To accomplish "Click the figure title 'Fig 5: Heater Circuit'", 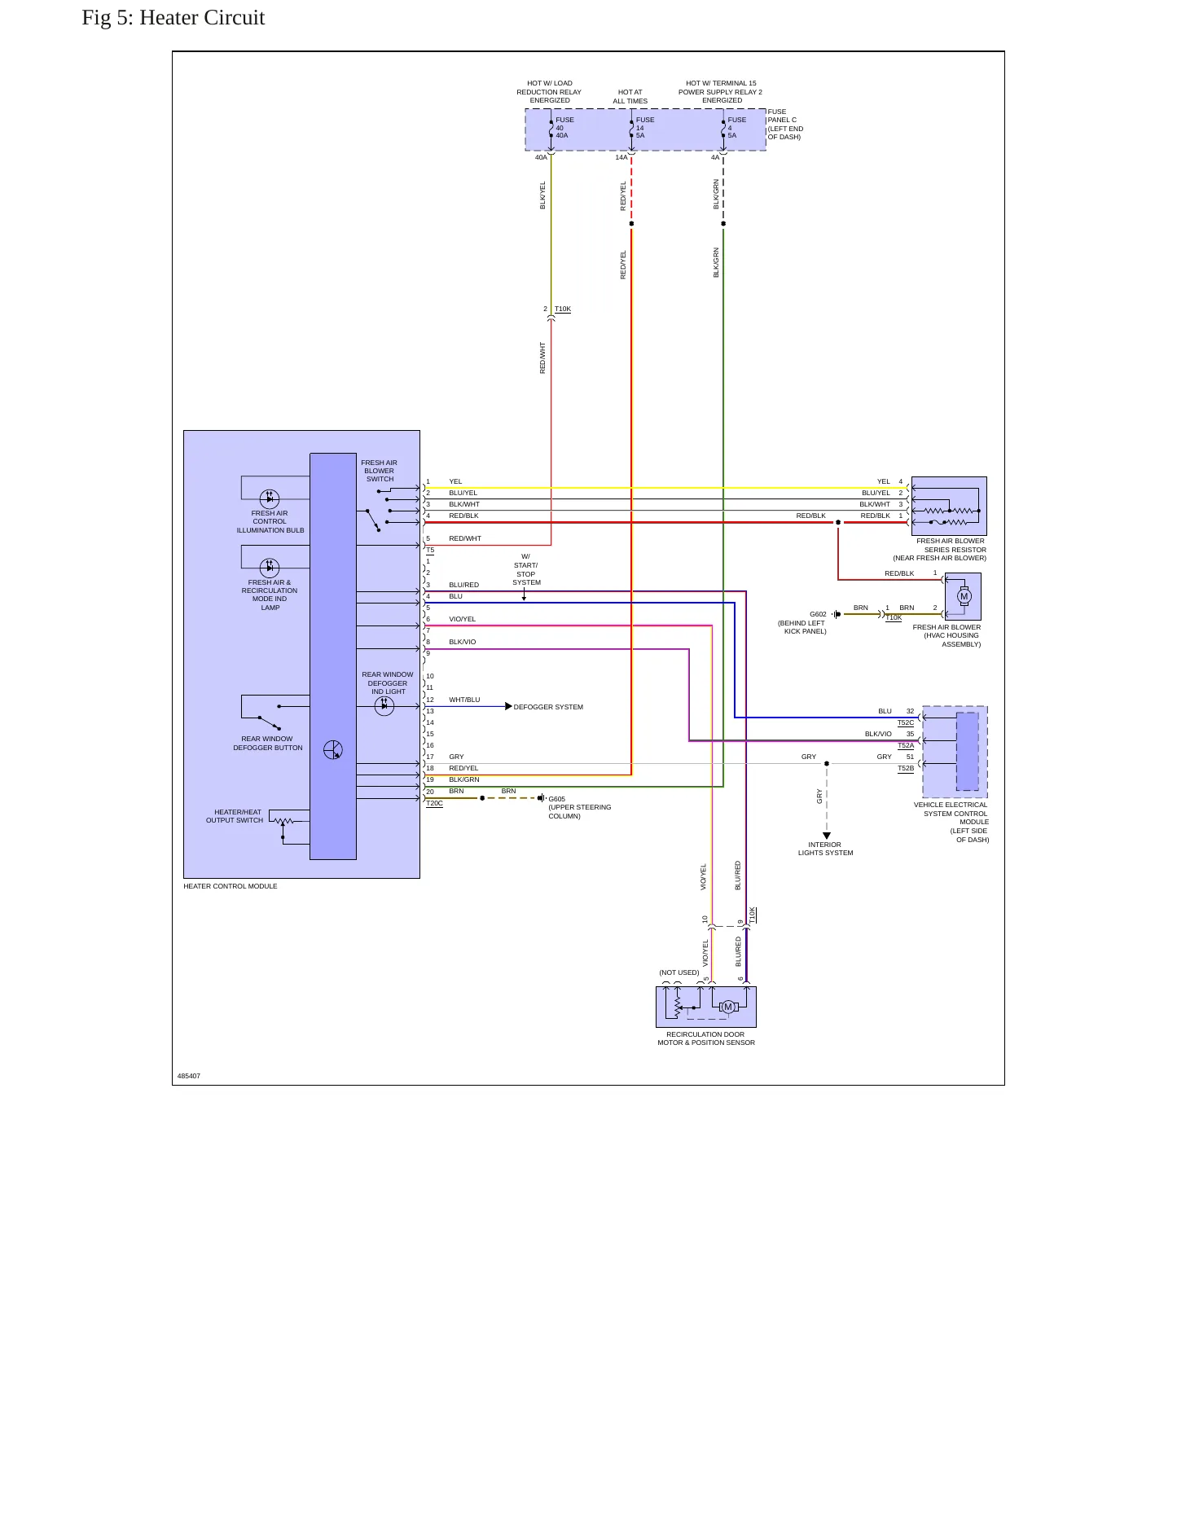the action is (x=173, y=18).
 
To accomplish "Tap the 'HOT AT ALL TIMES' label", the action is (x=630, y=97).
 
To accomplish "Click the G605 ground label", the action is (x=557, y=799).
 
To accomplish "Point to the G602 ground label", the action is (x=818, y=614).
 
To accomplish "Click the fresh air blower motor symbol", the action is (x=964, y=596).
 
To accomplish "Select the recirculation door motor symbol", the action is (x=728, y=1007).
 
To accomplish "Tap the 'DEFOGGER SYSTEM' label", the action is (x=548, y=707).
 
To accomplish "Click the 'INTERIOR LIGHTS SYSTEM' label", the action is (x=825, y=849).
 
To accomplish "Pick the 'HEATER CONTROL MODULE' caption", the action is (x=231, y=886).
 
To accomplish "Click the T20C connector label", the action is (x=434, y=803).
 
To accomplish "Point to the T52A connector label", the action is (x=906, y=745).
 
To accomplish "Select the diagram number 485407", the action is (x=189, y=1076).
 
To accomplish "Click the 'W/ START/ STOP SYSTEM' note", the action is (x=526, y=569).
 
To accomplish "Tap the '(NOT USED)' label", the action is (x=679, y=972).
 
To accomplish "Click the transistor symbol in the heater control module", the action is (x=333, y=750).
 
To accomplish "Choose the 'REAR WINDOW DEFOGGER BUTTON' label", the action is (x=268, y=744).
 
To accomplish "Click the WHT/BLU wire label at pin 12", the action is (x=464, y=700).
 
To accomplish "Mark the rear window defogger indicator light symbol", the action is (x=384, y=706).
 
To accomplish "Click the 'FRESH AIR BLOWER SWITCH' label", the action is (x=380, y=471).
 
